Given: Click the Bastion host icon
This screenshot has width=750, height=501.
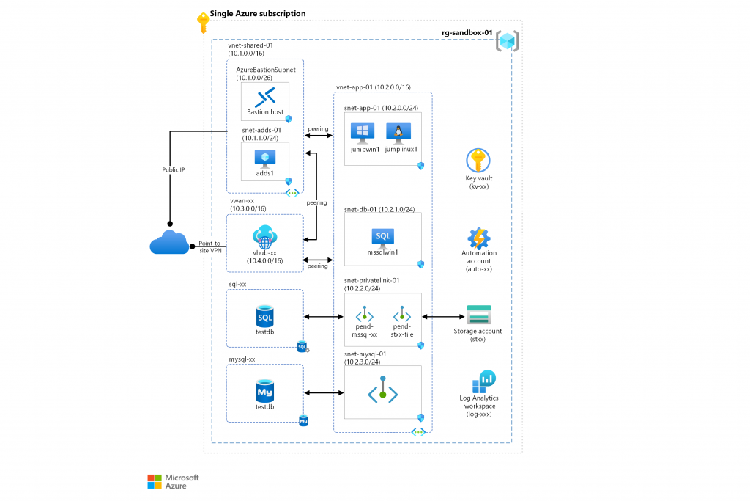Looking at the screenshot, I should click(264, 97).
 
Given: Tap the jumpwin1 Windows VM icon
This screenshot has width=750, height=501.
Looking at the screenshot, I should click(362, 133).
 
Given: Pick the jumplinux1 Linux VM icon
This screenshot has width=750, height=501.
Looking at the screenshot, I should click(398, 133).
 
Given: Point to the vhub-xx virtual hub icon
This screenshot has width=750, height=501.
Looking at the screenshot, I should click(264, 236).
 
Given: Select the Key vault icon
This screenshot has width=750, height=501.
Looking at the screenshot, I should click(478, 160).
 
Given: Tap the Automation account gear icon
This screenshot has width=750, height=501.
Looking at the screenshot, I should click(479, 238).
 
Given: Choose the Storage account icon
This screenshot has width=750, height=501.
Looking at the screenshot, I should click(479, 315).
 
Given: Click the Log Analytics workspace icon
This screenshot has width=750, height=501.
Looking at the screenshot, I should click(484, 381).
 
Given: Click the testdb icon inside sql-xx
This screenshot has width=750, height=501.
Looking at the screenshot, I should click(265, 316).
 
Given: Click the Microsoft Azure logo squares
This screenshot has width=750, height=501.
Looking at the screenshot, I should click(155, 481).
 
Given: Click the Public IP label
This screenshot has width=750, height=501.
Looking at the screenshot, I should click(173, 169).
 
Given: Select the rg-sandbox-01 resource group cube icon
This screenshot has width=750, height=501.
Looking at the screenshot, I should click(507, 41).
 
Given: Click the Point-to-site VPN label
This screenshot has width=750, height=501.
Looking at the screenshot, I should click(210, 247).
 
